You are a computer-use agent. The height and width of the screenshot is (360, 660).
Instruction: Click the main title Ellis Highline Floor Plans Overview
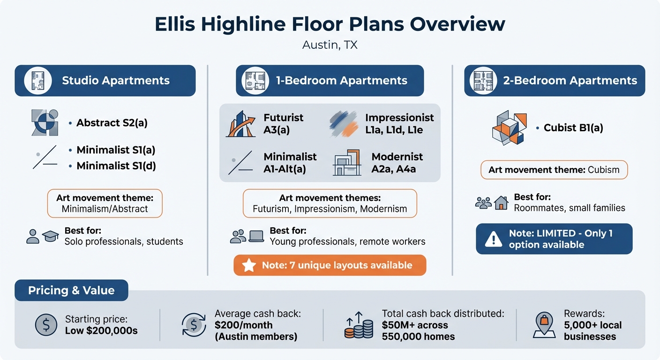[330, 24]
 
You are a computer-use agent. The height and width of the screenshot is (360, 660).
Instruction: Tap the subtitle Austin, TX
[330, 45]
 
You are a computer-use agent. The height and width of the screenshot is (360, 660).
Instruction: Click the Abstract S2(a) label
[112, 123]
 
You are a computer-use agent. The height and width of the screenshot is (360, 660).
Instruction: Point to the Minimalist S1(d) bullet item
[116, 165]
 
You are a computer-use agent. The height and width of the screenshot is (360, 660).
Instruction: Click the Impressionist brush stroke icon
[344, 123]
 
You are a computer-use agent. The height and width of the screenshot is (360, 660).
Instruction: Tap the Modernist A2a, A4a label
[394, 163]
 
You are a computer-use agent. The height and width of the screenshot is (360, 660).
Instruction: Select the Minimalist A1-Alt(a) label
[290, 163]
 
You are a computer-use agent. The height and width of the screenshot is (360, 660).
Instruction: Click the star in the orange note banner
[248, 265]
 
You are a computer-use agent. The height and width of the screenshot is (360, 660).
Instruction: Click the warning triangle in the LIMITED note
[493, 239]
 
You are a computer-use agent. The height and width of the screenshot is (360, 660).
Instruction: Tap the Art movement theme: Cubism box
[554, 170]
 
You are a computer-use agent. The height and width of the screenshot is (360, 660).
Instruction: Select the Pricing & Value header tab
[71, 291]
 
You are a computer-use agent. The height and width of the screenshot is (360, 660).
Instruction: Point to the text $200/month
[243, 325]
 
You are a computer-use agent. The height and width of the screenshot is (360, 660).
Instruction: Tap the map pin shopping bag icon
[544, 325]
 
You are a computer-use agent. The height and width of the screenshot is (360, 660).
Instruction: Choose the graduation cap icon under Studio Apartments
[50, 237]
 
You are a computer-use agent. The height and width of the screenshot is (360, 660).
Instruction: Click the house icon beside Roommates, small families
[501, 202]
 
